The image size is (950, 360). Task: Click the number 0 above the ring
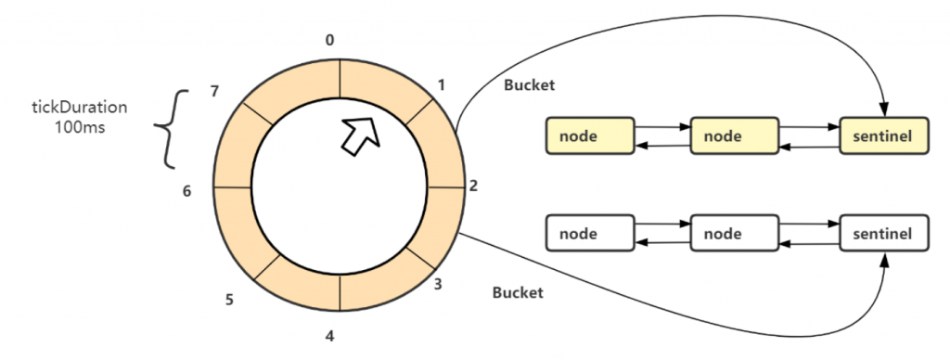point(330,40)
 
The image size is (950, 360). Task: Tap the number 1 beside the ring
point(442,84)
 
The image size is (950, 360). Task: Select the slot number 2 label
point(474,186)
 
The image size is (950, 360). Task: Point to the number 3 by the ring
point(438,284)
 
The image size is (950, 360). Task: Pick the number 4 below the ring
point(329,336)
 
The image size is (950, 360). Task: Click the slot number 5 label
point(229,300)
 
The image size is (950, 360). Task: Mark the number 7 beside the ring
point(214,91)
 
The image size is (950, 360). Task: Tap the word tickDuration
point(78,107)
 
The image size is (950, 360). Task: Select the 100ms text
point(78,126)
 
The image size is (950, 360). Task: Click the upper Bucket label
point(528,84)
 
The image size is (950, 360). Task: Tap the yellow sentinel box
point(883,136)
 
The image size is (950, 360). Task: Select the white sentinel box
point(883,232)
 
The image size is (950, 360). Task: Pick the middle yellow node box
point(734,136)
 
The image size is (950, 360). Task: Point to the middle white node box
point(734,232)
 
